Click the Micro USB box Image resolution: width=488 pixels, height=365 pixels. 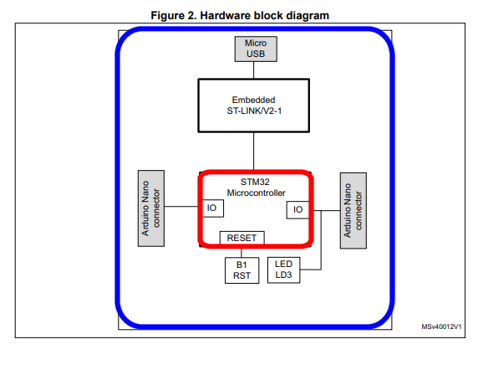(255, 49)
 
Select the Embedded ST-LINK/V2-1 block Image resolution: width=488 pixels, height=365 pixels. (254, 105)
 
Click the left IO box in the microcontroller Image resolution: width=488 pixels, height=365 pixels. (211, 208)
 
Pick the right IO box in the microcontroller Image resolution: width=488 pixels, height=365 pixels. (297, 209)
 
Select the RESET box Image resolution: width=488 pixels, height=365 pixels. (242, 238)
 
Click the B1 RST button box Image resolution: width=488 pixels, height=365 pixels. (242, 270)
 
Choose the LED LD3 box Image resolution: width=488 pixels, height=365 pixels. (283, 269)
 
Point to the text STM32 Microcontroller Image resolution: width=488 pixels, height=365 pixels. (255, 187)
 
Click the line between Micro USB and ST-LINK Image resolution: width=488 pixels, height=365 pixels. (255, 69)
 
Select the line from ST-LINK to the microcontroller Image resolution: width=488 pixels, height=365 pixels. (255, 152)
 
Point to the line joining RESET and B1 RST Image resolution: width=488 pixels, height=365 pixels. (242, 250)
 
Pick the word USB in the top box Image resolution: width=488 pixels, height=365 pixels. (255, 54)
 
